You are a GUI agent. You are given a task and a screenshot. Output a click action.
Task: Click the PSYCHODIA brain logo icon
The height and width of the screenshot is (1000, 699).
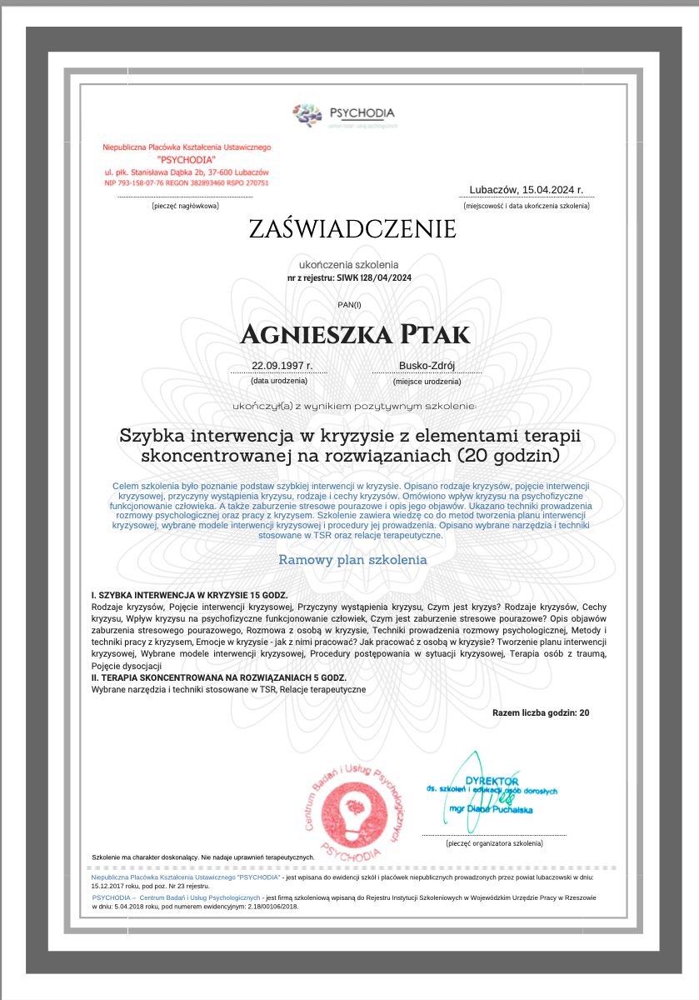coord(307,114)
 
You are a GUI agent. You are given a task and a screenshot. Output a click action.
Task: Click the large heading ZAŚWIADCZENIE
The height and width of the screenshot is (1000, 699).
coord(352,229)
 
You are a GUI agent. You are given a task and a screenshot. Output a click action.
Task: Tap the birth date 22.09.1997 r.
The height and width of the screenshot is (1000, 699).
coord(282,365)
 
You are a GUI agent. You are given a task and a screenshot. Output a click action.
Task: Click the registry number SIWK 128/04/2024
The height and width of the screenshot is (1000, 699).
coord(374,277)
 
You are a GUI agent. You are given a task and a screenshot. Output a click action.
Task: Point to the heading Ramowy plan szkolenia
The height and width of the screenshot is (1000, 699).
coord(352,560)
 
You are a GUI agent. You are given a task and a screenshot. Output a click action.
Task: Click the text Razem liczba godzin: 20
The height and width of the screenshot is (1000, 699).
coord(541,713)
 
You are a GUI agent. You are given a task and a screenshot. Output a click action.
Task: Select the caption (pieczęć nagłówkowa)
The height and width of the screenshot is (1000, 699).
coord(185,205)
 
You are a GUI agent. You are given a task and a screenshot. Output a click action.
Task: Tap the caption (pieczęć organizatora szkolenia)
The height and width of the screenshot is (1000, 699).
coord(494,843)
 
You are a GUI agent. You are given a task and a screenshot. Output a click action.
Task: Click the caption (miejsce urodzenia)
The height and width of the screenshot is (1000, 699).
coord(427,381)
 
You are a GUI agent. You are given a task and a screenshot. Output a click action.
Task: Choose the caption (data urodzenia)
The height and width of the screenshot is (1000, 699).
coord(279,380)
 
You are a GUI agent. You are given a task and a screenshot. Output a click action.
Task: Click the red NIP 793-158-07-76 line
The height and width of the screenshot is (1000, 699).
coord(187,182)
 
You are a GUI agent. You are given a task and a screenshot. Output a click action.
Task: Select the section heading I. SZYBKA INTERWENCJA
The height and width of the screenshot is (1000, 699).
coord(189,595)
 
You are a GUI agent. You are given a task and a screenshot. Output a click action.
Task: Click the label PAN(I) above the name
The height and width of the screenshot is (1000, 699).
coord(349,305)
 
